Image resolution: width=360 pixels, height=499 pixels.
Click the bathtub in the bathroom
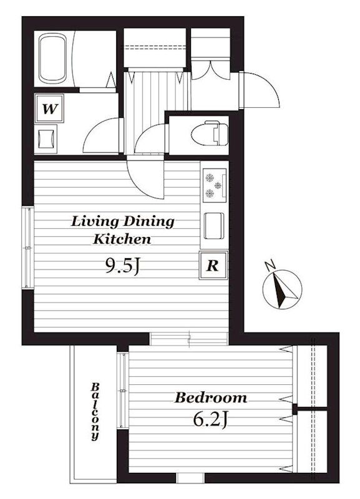pyautogui.click(x=53, y=59)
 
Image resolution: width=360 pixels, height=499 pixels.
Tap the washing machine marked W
pyautogui.click(x=49, y=108)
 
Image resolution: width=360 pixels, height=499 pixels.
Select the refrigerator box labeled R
pyautogui.click(x=213, y=265)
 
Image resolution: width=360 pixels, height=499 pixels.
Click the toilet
pyautogui.click(x=210, y=133)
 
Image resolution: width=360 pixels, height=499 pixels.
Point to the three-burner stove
pyautogui.click(x=215, y=185)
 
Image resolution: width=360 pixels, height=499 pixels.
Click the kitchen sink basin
pyautogui.click(x=214, y=226)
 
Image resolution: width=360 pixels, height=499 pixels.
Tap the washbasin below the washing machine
pyautogui.click(x=46, y=138)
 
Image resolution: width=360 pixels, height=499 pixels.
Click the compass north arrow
pyautogui.click(x=282, y=289)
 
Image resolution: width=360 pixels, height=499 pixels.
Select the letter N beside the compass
pyautogui.click(x=270, y=265)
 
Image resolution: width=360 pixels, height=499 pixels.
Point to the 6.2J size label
pyautogui.click(x=211, y=420)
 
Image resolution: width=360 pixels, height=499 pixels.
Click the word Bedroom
pyautogui.click(x=211, y=398)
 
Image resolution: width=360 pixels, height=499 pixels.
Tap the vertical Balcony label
pyautogui.click(x=95, y=412)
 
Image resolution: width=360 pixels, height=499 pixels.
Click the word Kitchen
pyautogui.click(x=122, y=239)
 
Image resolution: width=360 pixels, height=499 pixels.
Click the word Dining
pyautogui.click(x=148, y=221)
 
